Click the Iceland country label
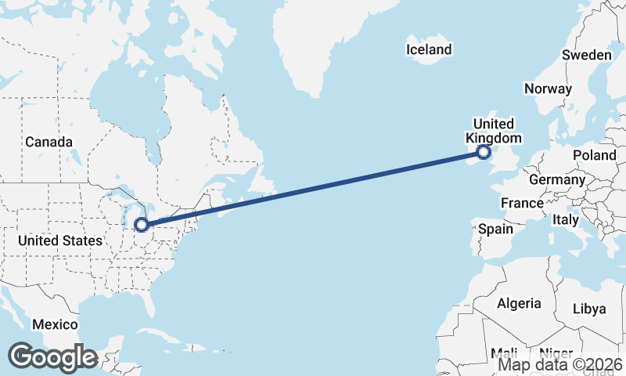pyautogui.click(x=429, y=50)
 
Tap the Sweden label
pyautogui.click(x=586, y=55)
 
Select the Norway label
pyautogui.click(x=548, y=89)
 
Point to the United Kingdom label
pyautogui.click(x=494, y=131)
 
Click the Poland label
pyautogui.click(x=594, y=155)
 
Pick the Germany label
pyautogui.click(x=557, y=179)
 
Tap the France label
pyautogui.click(x=522, y=203)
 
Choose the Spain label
pyautogui.click(x=495, y=230)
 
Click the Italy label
pyautogui.click(x=565, y=220)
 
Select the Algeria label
pyautogui.click(x=519, y=303)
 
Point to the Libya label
pyautogui.click(x=589, y=309)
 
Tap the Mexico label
pyautogui.click(x=55, y=324)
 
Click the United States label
pyautogui.click(x=60, y=240)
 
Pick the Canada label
pyautogui.click(x=49, y=142)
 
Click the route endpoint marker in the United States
pyautogui.click(x=142, y=225)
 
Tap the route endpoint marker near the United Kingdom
pyautogui.click(x=483, y=152)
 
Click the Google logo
pyautogui.click(x=52, y=357)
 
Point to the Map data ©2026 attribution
pyautogui.click(x=560, y=364)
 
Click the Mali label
pyautogui.click(x=505, y=353)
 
